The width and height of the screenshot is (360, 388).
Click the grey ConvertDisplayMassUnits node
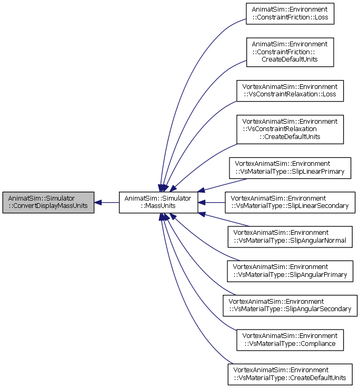click(x=48, y=202)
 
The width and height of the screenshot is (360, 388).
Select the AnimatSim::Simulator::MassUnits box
click(x=158, y=202)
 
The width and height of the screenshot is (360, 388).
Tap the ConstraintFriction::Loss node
click(x=290, y=14)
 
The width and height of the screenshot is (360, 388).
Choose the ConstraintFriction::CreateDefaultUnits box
click(x=290, y=52)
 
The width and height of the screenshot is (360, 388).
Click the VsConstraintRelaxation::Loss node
click(x=290, y=91)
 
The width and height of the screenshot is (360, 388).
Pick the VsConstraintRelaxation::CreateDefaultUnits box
click(x=290, y=130)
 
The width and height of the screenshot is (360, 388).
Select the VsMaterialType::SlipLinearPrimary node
click(x=290, y=168)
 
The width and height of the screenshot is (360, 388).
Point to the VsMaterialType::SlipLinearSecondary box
click(x=290, y=202)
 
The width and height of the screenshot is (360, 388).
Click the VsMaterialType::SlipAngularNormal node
click(x=290, y=237)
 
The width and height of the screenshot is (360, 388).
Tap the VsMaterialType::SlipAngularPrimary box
click(x=290, y=271)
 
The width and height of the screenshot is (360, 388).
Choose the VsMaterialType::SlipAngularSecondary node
click(x=290, y=305)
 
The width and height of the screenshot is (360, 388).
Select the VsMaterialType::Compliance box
click(x=290, y=340)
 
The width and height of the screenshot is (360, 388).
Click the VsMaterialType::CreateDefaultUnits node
click(x=290, y=374)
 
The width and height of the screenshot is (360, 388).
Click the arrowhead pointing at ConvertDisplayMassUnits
click(x=98, y=202)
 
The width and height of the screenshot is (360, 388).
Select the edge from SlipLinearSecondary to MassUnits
click(x=212, y=202)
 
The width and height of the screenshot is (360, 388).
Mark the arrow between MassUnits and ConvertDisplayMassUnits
click(x=107, y=202)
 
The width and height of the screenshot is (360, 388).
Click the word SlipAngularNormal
click(x=318, y=240)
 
